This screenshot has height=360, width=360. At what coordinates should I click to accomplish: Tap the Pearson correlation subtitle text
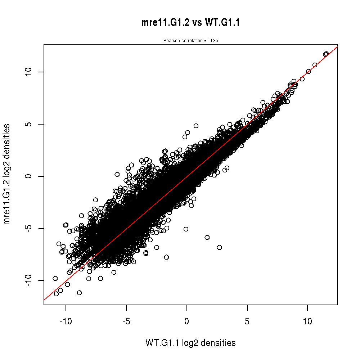click(x=190, y=41)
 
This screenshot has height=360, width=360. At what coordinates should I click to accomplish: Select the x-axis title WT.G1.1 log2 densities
click(x=190, y=343)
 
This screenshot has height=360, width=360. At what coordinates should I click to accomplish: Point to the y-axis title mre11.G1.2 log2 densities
click(x=7, y=174)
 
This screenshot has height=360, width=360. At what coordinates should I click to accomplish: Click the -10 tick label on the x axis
click(x=66, y=321)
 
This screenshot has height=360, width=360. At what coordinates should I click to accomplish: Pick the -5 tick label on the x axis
click(x=126, y=321)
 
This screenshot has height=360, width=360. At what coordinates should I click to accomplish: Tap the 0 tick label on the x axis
click(x=187, y=321)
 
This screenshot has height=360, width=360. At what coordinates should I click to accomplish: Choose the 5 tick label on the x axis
click(x=247, y=321)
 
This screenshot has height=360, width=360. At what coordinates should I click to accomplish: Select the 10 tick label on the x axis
click(x=307, y=321)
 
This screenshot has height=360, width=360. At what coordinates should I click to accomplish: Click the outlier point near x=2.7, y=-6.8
click(x=219, y=247)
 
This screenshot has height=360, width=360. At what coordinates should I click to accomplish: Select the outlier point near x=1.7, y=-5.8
click(x=207, y=237)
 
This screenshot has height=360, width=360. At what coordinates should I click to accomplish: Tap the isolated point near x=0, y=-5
click(x=186, y=229)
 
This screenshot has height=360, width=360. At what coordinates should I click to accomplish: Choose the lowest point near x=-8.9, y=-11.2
click(x=79, y=293)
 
